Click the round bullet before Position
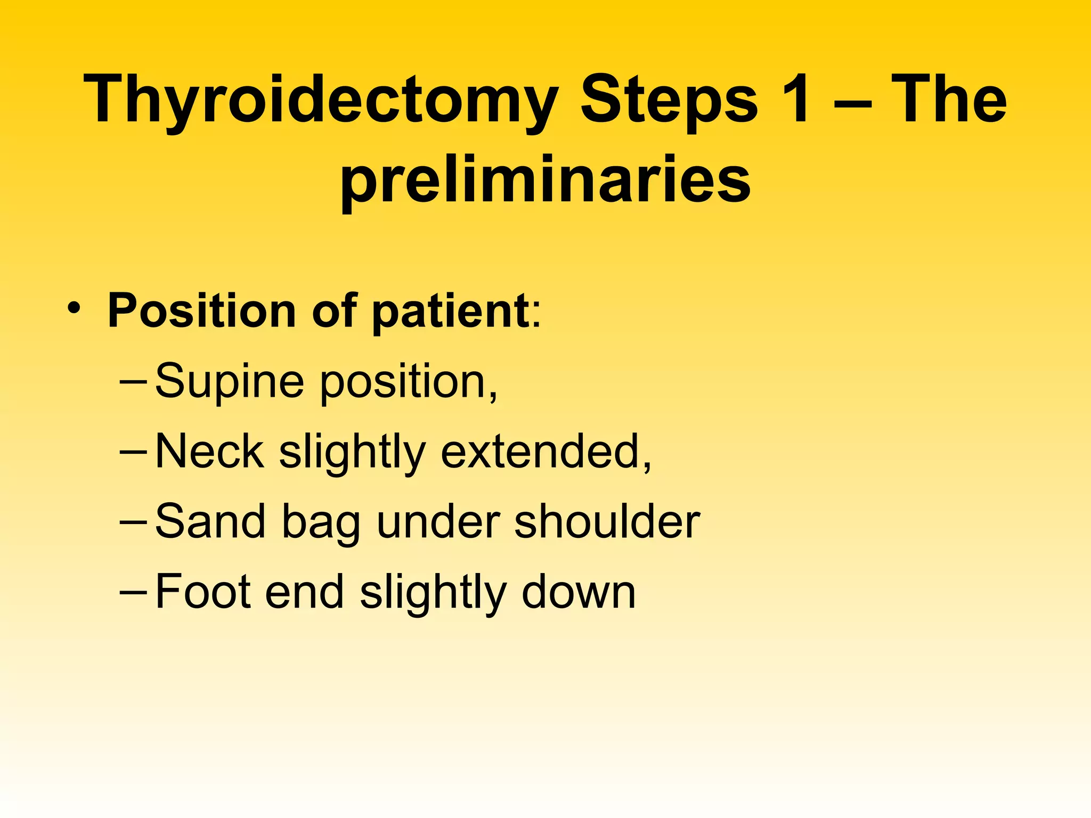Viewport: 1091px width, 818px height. pos(74,308)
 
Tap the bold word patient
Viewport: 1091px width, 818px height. pos(451,311)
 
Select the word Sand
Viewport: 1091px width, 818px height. pos(210,522)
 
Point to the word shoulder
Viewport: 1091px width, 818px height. pos(607,522)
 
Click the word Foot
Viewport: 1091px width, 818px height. pos(203,592)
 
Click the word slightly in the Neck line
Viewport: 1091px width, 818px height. pos(352,453)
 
